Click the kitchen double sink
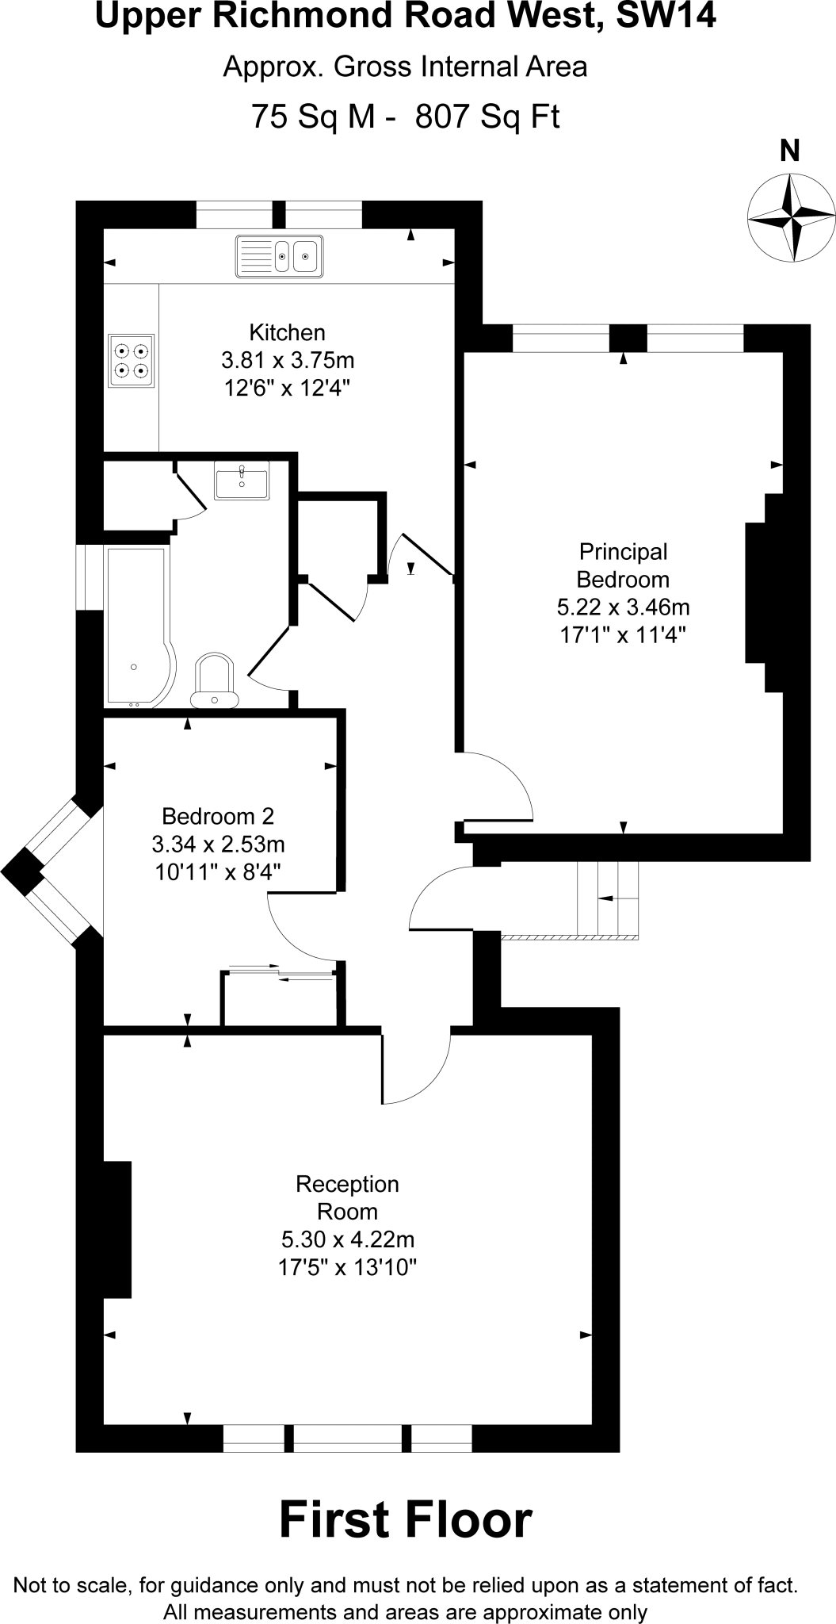pyautogui.click(x=279, y=256)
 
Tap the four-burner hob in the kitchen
pyautogui.click(x=132, y=360)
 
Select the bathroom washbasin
pyautogui.click(x=242, y=481)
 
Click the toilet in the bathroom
pyautogui.click(x=214, y=680)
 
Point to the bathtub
pyautogui.click(x=136, y=626)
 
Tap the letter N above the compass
pyautogui.click(x=790, y=151)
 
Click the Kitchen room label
pyautogui.click(x=287, y=332)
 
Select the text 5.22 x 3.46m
pyautogui.click(x=623, y=607)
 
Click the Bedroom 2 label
pyautogui.click(x=217, y=816)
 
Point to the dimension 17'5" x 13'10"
pyautogui.click(x=347, y=1267)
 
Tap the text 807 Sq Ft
pyautogui.click(x=487, y=117)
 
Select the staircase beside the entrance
pyautogui.click(x=608, y=898)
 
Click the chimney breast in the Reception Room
pyautogui.click(x=117, y=1230)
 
